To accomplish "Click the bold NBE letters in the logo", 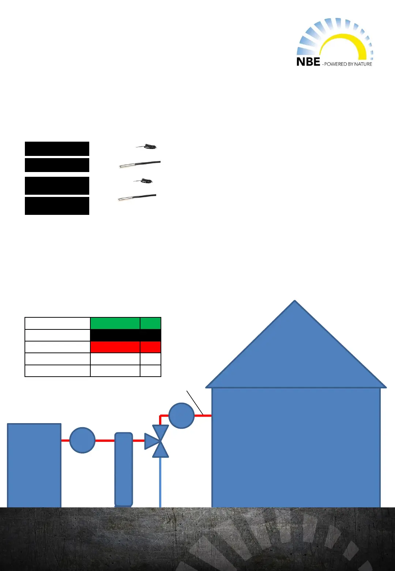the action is tap(308, 61).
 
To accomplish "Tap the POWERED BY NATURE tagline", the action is tap(348, 64).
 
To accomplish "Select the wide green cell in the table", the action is tap(115, 324).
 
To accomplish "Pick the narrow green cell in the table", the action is tap(150, 324).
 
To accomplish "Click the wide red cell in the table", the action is tap(115, 347).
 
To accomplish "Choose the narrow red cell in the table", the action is tap(150, 347).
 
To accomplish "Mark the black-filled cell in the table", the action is tap(125, 335).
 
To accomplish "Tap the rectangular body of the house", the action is tap(296, 447).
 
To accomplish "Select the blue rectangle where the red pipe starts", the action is tap(34, 465).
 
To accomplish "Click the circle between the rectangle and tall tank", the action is tap(82, 440).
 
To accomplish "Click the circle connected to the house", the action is tap(181, 415).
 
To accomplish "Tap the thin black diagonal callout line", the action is tap(195, 403).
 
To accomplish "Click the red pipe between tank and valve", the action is tap(139, 441).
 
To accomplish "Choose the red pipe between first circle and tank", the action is tap(105, 441).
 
